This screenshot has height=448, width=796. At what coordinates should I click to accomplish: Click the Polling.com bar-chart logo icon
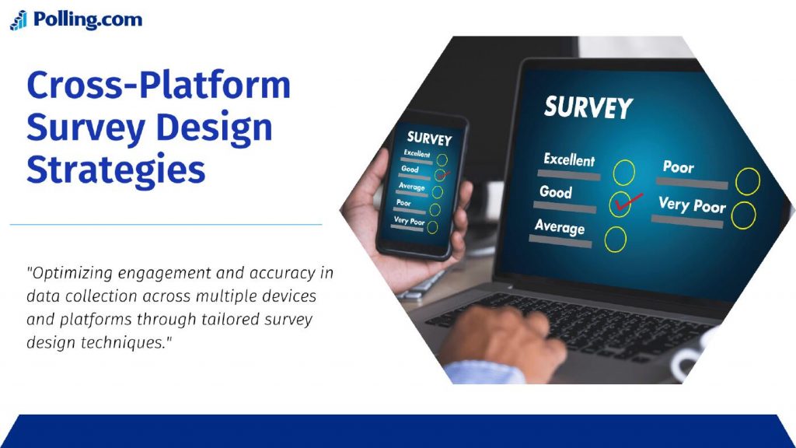[19, 20]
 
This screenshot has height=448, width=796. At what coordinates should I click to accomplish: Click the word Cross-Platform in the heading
[159, 85]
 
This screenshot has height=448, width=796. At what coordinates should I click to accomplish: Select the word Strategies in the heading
[116, 170]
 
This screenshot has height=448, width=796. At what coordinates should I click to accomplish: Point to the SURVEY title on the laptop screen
[588, 107]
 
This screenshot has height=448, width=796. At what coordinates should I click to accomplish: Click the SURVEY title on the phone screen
[429, 138]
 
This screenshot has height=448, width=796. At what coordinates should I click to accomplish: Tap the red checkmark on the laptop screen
[628, 202]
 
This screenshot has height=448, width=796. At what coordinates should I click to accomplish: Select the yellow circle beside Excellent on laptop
[623, 173]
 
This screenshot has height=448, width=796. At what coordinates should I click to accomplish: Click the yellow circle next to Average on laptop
[616, 240]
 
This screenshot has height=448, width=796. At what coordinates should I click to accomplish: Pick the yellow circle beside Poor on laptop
[748, 181]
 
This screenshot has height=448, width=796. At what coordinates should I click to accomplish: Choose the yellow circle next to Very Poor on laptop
[744, 215]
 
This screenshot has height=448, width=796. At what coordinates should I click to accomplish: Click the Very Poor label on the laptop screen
[692, 205]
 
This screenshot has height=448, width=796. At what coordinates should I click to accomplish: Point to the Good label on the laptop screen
[555, 192]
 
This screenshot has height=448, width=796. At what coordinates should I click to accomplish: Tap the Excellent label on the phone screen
[417, 153]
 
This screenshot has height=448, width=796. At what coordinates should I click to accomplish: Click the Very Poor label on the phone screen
[409, 221]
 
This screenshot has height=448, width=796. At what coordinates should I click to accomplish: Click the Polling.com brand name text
[88, 19]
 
